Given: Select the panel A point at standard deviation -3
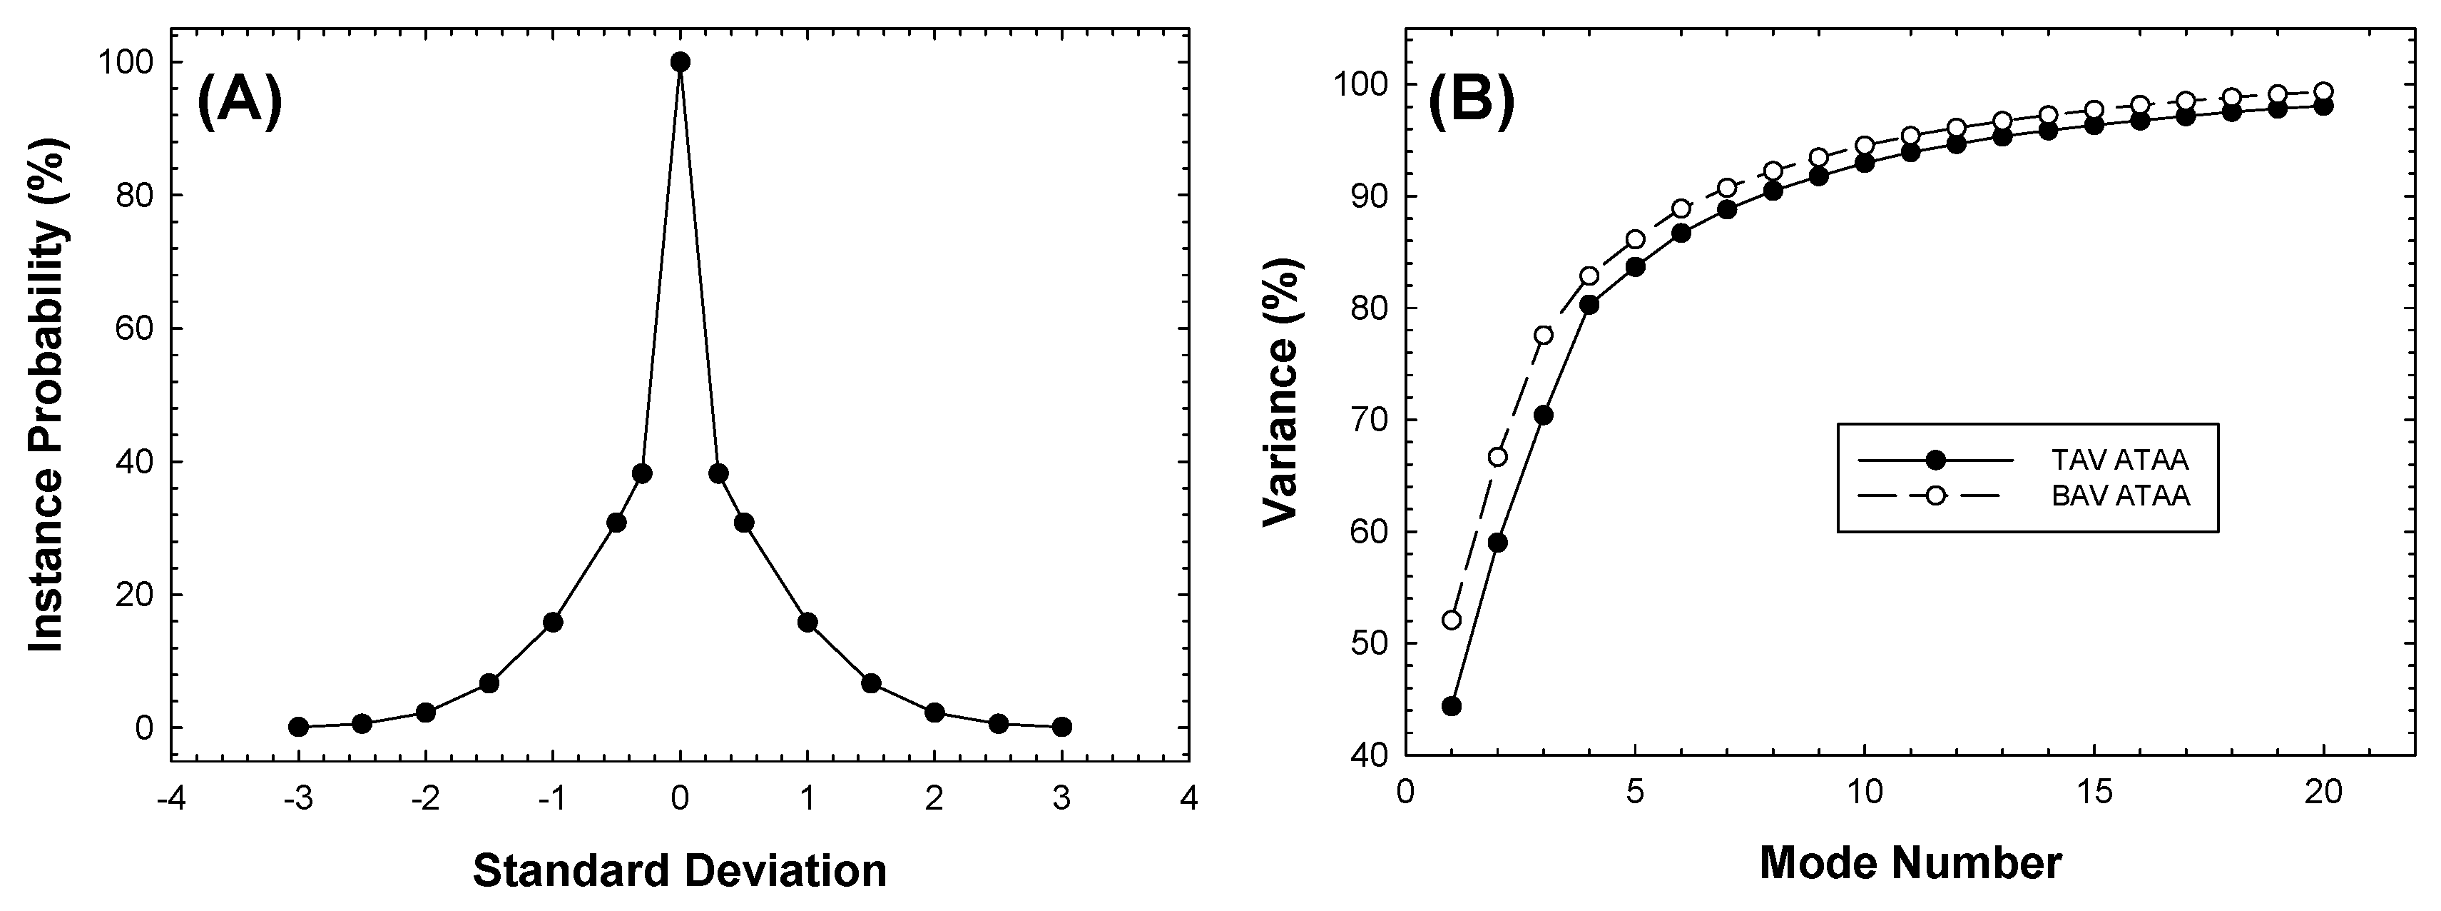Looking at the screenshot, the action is pos(298,727).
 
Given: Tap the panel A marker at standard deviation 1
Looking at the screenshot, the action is pos(807,622).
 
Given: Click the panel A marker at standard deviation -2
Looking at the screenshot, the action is pos(425,712).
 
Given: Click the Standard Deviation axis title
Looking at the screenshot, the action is pos(679,870).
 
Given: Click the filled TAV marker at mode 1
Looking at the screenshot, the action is pos(1451,705).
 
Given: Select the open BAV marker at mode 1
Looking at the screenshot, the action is pos(1451,620).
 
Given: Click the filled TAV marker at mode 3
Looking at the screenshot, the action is pos(1543,416).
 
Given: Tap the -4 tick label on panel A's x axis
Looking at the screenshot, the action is pos(170,798).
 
